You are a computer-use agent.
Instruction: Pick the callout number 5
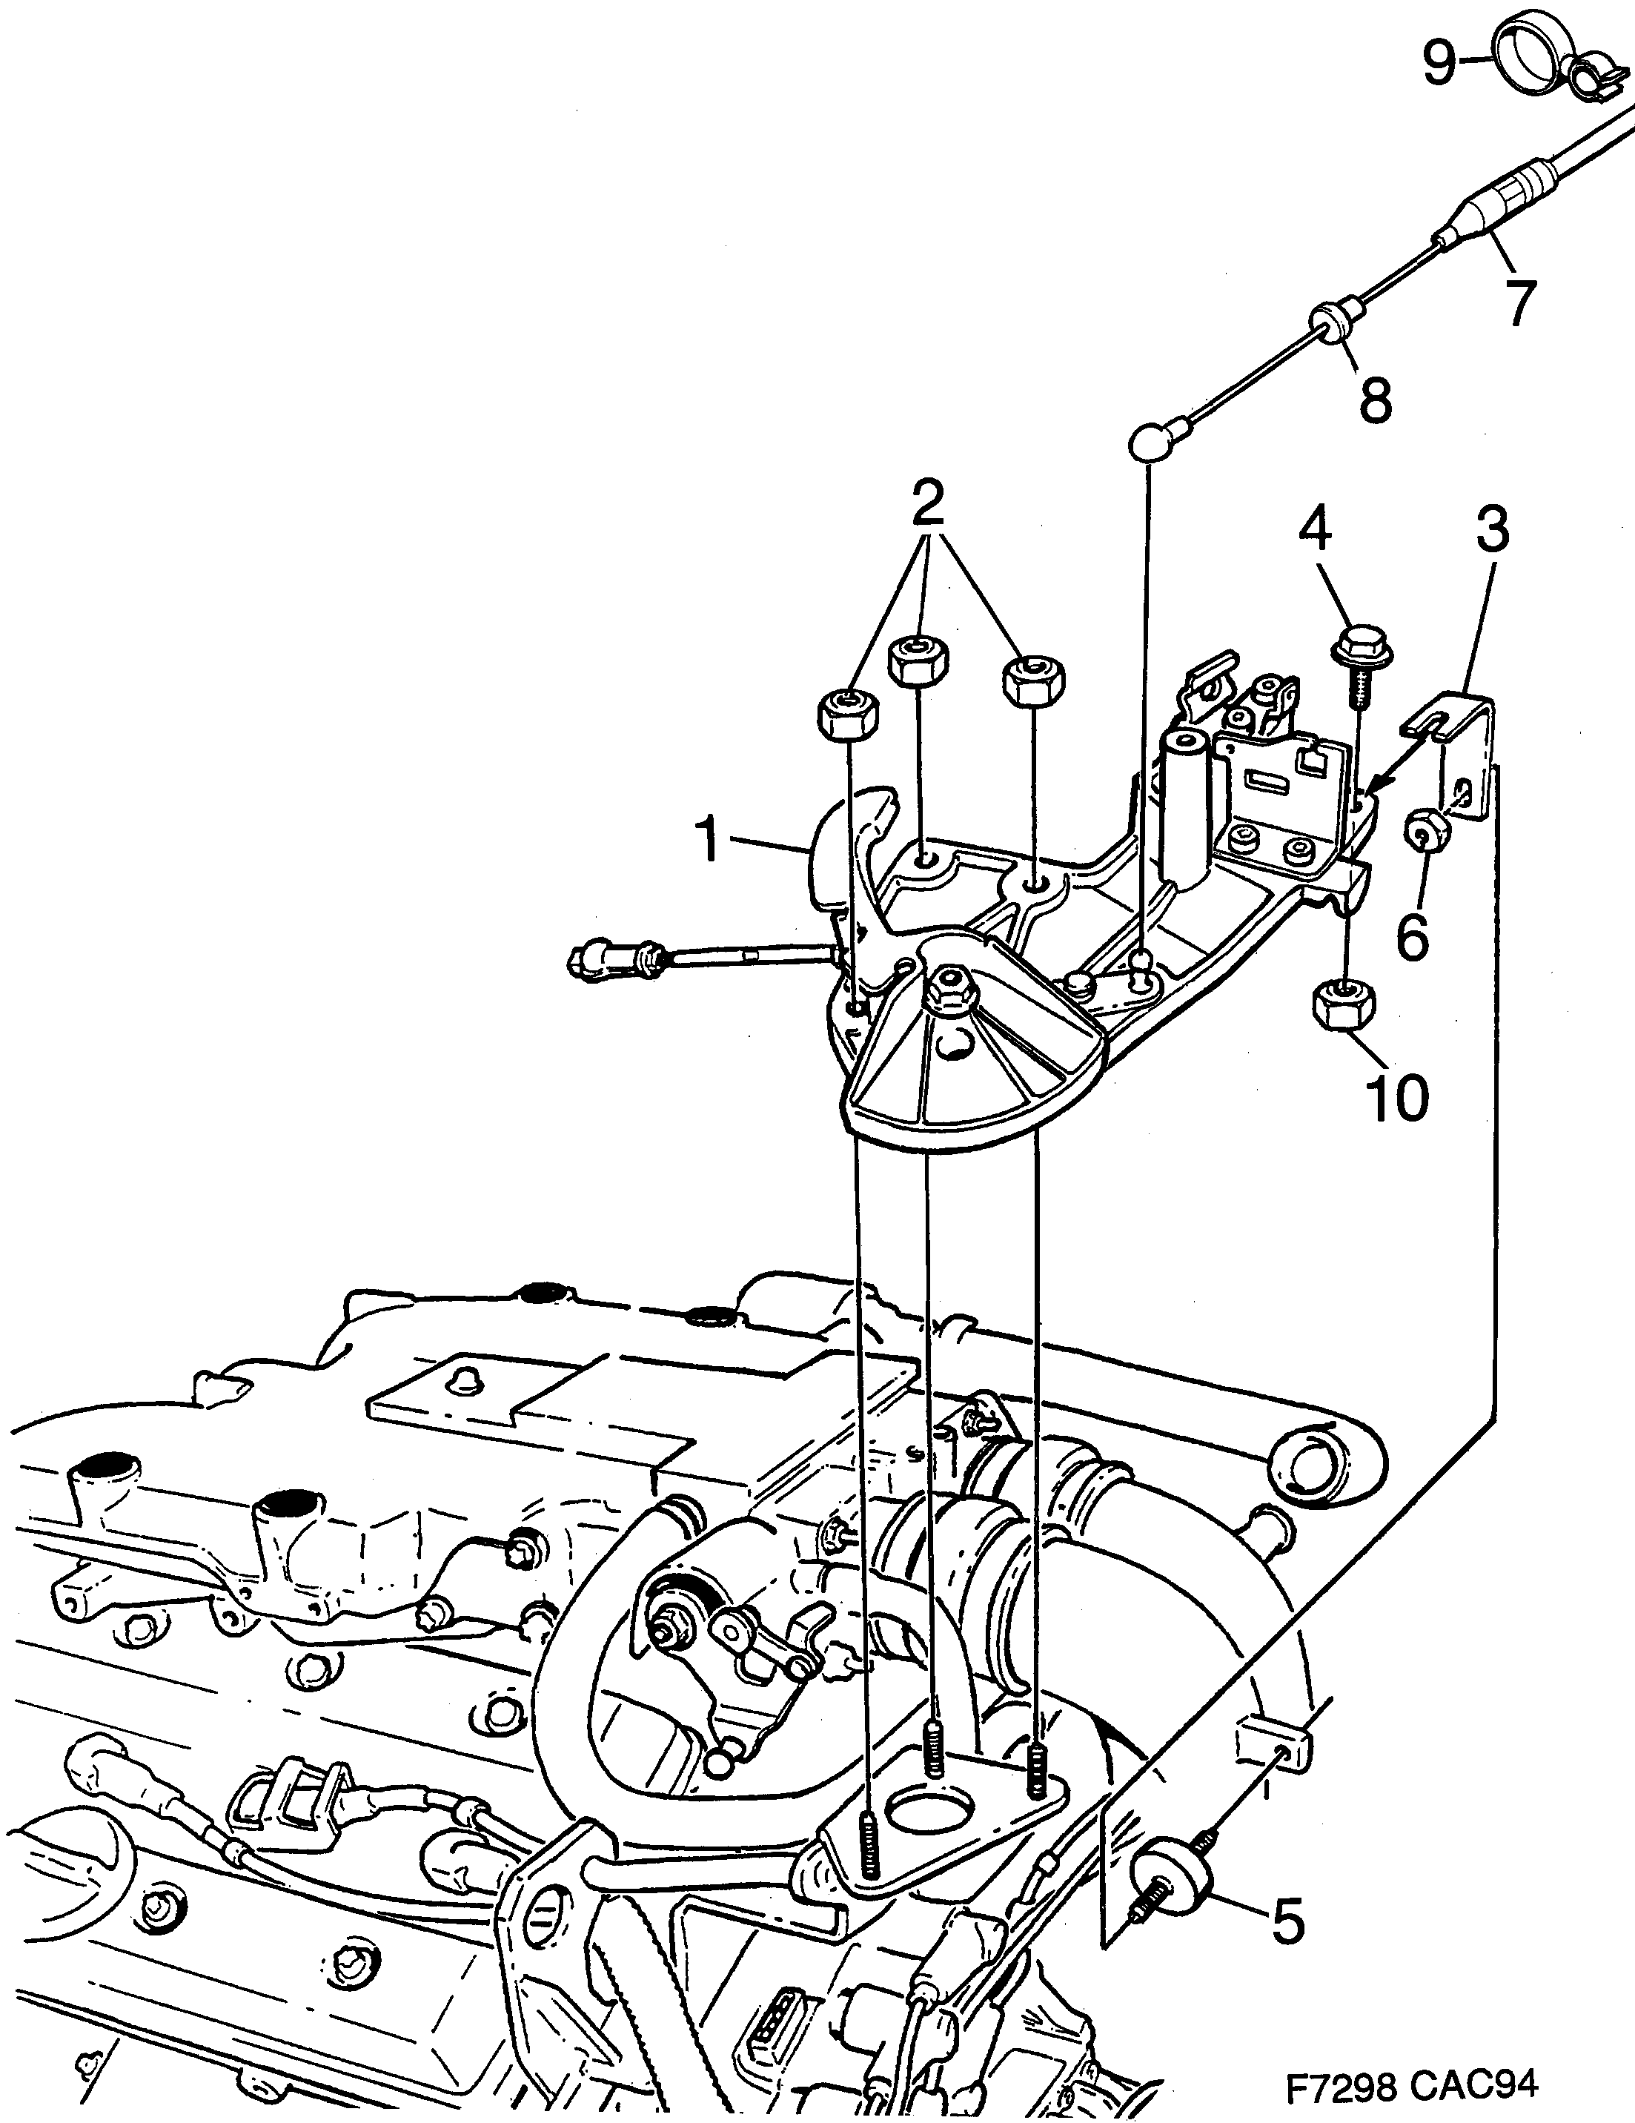pos(1287,1895)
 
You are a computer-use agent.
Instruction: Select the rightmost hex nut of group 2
pos(1032,680)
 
